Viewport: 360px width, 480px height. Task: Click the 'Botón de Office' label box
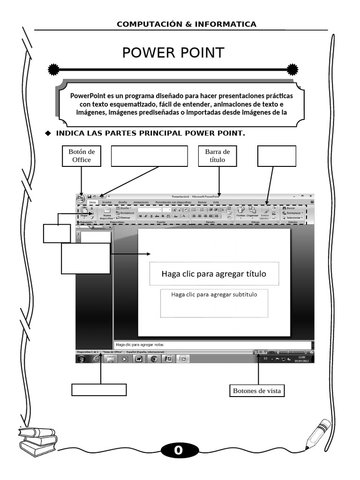(x=82, y=156)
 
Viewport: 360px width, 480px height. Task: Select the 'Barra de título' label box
(x=218, y=156)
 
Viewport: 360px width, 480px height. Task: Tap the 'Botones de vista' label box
(x=258, y=390)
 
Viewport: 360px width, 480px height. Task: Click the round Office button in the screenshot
(x=81, y=198)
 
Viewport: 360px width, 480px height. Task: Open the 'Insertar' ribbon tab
(x=107, y=202)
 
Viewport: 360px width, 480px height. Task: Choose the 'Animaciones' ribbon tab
(x=141, y=202)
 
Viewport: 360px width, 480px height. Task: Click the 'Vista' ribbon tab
(x=216, y=202)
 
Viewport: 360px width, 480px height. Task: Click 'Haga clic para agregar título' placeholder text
(x=214, y=274)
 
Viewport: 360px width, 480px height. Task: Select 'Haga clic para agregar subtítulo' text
(x=214, y=295)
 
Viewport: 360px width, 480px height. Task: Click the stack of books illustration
(x=38, y=439)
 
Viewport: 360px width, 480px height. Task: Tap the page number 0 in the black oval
(x=178, y=451)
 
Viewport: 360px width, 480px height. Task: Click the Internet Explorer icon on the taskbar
(x=97, y=359)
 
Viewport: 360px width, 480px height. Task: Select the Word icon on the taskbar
(x=139, y=359)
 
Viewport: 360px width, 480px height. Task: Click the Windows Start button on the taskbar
(x=82, y=359)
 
